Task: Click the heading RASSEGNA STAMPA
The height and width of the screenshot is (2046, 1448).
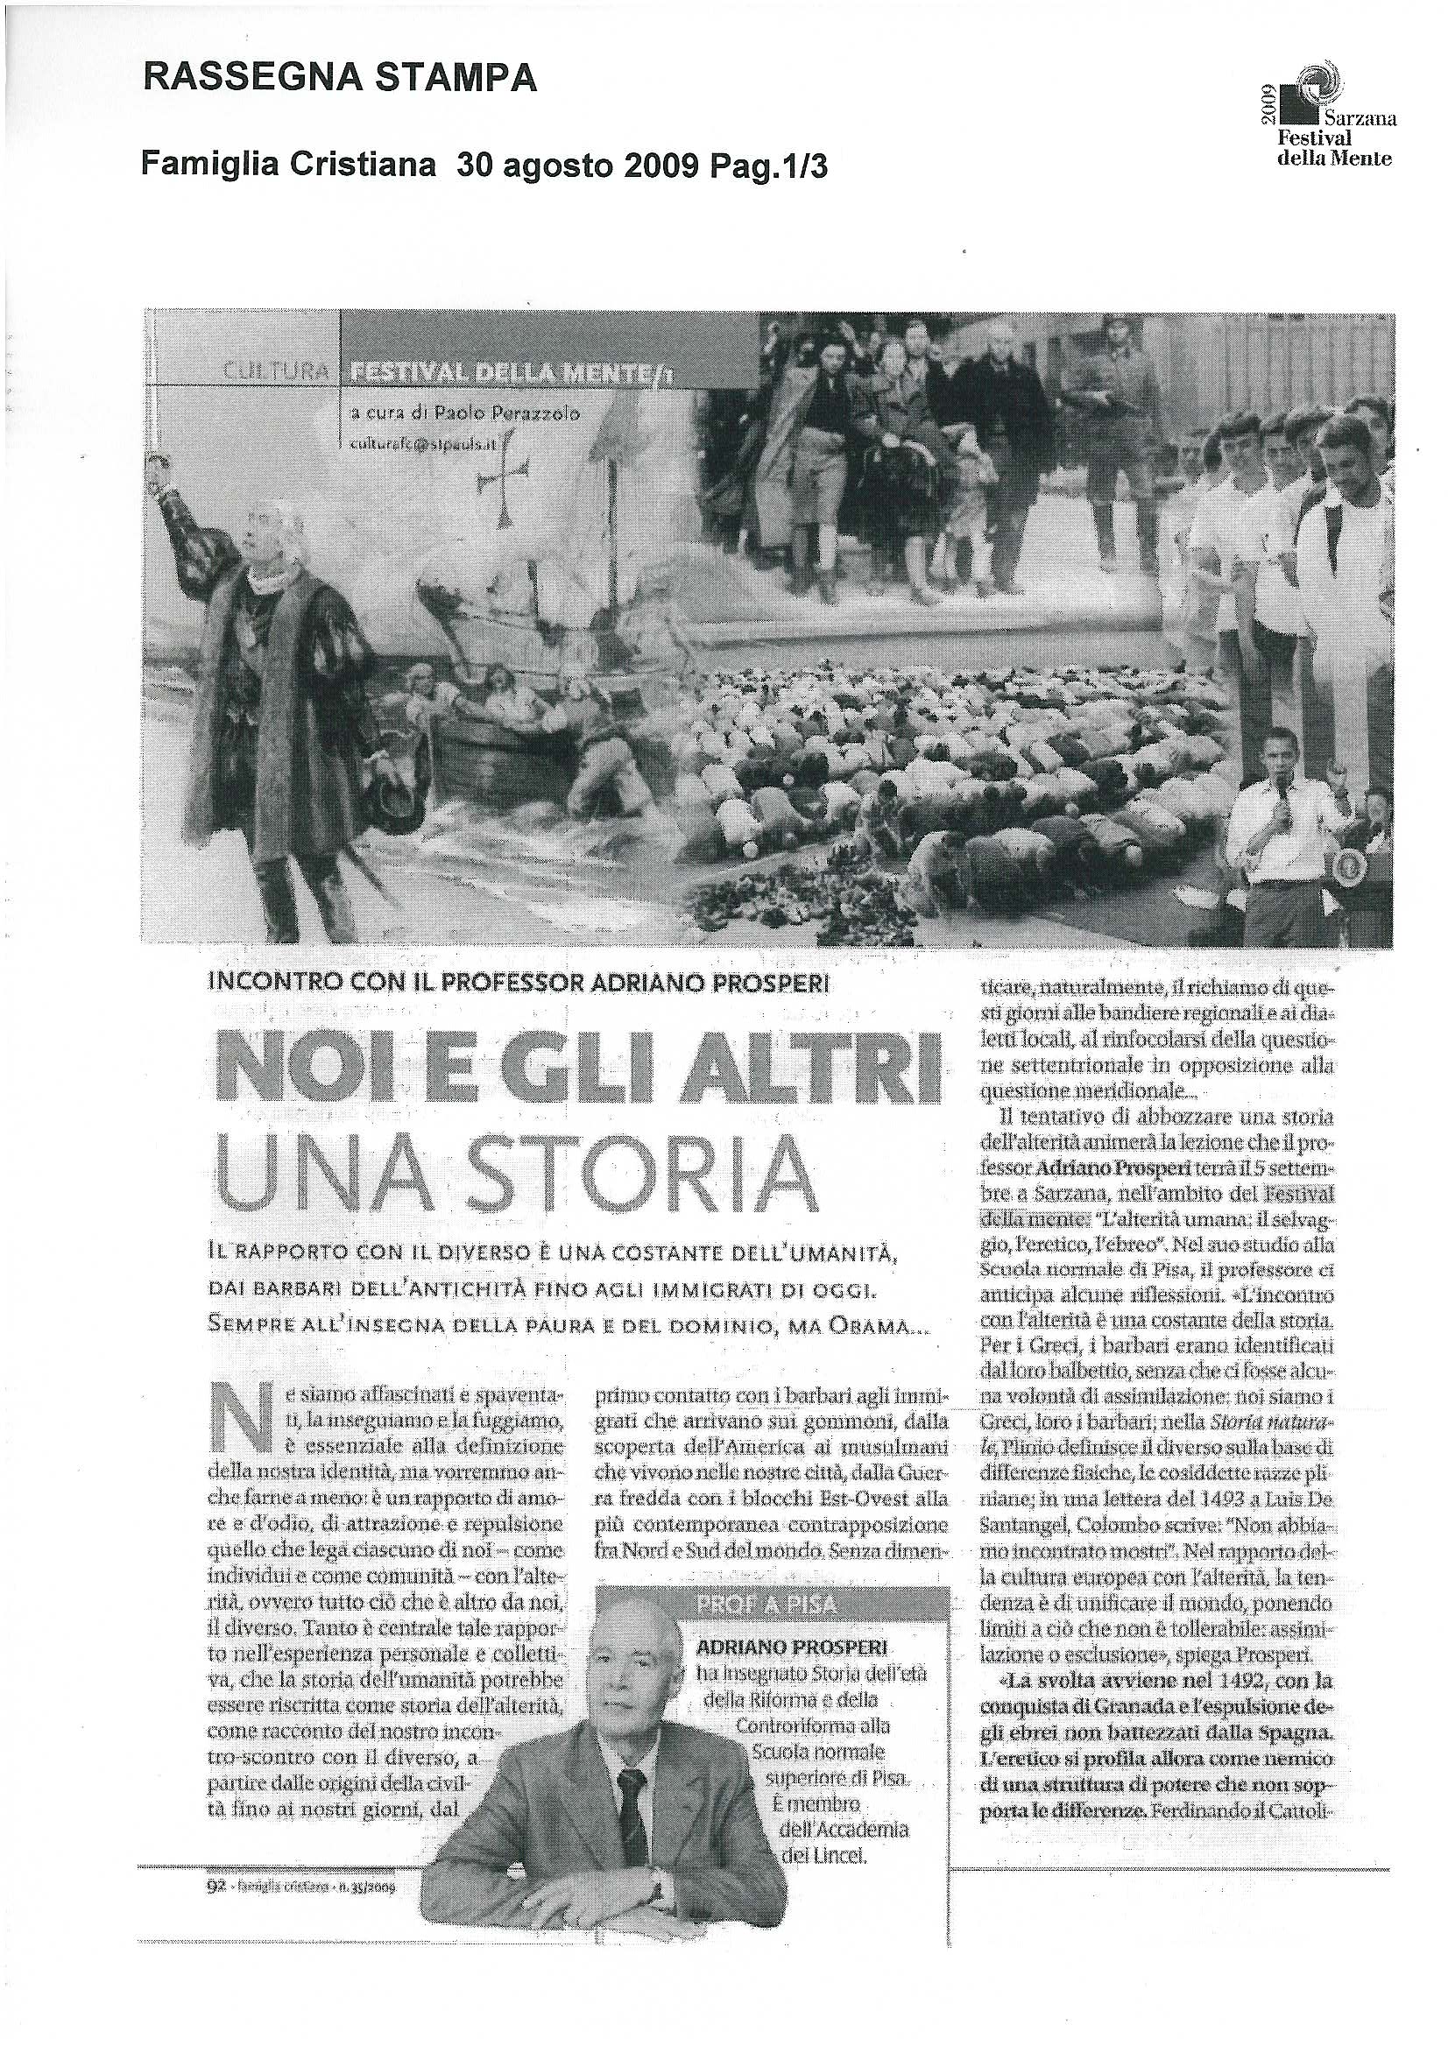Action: point(340,80)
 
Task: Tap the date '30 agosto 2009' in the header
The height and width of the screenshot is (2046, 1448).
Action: point(581,166)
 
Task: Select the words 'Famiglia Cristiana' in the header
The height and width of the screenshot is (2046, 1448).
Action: point(289,166)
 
